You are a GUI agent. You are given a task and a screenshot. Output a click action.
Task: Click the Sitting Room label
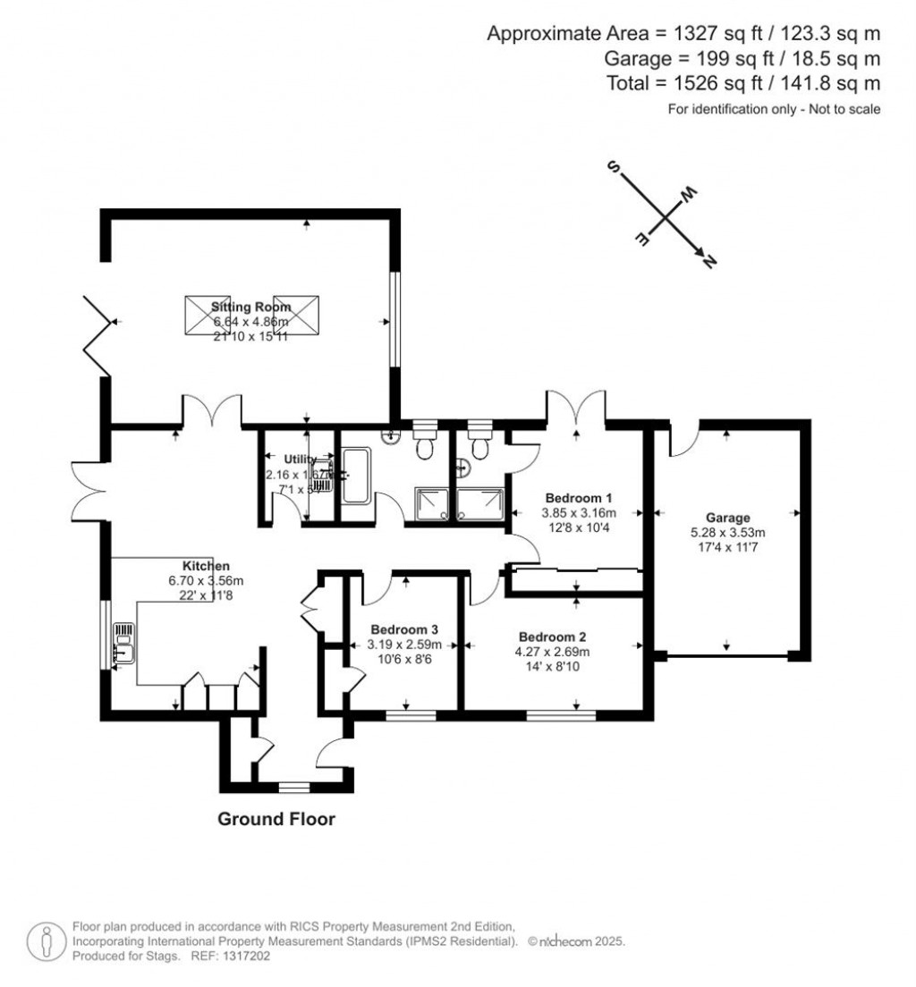(x=239, y=307)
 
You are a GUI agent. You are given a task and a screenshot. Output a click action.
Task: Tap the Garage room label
(x=727, y=517)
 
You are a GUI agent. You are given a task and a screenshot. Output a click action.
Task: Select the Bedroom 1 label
(x=579, y=498)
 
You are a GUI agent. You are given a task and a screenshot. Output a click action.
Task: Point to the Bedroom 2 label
(x=552, y=637)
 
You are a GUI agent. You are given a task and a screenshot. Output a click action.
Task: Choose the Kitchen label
(x=207, y=566)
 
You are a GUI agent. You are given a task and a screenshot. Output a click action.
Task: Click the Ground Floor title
(x=276, y=819)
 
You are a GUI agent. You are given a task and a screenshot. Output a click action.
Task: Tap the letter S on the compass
(x=615, y=168)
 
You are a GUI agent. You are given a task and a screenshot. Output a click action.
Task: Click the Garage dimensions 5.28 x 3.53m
(x=727, y=532)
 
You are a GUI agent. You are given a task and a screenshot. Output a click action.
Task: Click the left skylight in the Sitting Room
(x=207, y=316)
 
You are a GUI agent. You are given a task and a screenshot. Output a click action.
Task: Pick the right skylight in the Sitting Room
(x=295, y=316)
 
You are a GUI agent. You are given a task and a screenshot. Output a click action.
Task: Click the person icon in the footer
(x=43, y=941)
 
